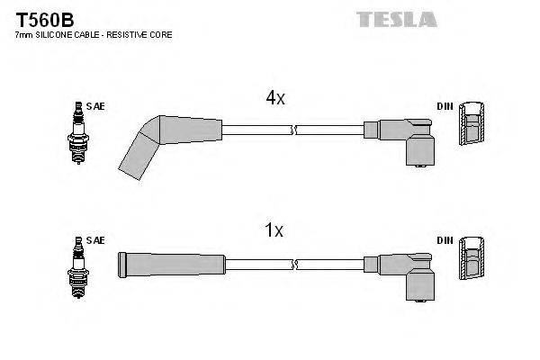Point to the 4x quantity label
point(275,98)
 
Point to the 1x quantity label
point(275,231)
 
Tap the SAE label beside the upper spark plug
point(95,106)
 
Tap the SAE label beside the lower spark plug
point(95,240)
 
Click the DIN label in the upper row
point(445,106)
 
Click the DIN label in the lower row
point(445,240)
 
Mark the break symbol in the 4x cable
point(294,130)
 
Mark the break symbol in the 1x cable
point(294,263)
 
